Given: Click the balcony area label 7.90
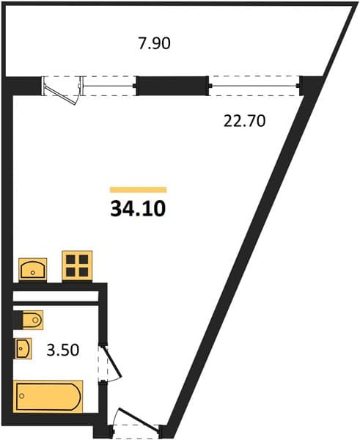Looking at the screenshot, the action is tap(154, 44).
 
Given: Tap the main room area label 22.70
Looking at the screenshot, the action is tap(244, 121).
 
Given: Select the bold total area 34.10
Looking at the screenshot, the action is tap(138, 209).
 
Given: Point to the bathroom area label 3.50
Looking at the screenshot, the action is tap(63, 351).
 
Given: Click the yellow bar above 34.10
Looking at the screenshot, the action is tap(139, 190).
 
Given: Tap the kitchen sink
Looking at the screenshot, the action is tap(32, 269).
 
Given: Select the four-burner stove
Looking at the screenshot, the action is tap(77, 265).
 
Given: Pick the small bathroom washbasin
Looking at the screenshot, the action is tap(23, 348).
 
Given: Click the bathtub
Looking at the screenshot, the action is tap(48, 397).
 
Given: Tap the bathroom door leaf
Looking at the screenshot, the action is tap(113, 362).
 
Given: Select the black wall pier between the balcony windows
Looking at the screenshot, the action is tap(172, 86).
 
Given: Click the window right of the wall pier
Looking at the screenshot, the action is tap(254, 86).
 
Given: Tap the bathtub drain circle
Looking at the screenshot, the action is tap(21, 396).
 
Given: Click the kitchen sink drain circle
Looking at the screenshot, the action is tap(32, 273).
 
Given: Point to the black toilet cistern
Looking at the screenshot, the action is tap(18, 320).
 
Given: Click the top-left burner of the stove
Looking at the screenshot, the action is tap(70, 260).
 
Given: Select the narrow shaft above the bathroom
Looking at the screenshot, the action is tap(56, 296).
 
